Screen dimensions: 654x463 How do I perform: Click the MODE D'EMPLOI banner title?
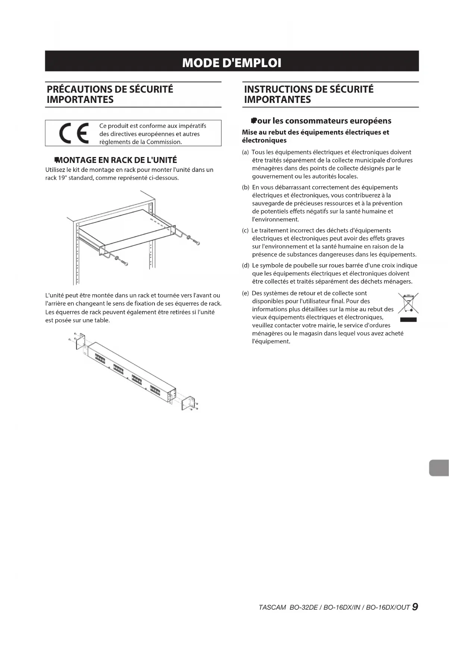click(x=232, y=62)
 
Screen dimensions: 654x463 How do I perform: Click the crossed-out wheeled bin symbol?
click(x=408, y=303)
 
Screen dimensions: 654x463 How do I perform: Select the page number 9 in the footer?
click(x=415, y=607)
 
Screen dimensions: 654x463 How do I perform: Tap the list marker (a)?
click(x=245, y=152)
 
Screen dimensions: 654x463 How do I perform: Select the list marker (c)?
click(x=245, y=230)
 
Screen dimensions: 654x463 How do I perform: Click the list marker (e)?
click(x=245, y=293)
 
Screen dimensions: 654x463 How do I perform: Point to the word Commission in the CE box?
click(x=163, y=142)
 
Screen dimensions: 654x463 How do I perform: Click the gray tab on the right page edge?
click(x=439, y=468)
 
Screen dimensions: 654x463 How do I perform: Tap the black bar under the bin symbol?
click(x=408, y=320)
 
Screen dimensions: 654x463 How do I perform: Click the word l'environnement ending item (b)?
click(x=275, y=219)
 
